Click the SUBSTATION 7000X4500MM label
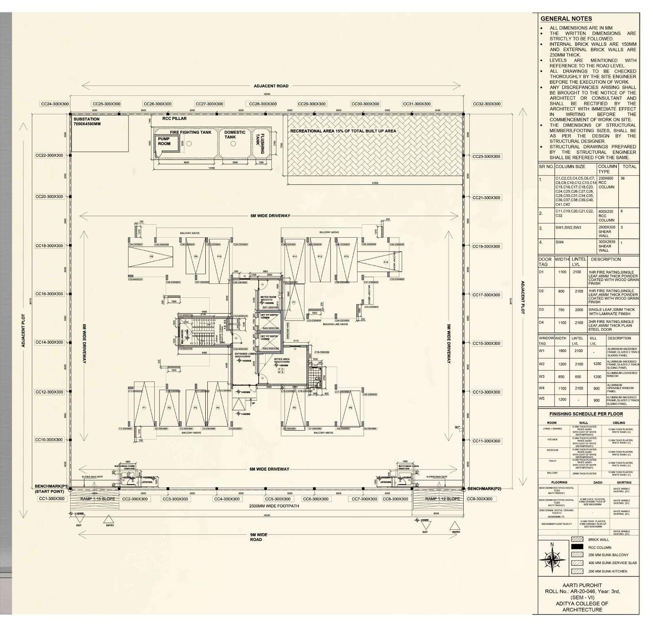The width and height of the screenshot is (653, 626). [87, 122]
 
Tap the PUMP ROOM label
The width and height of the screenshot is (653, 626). [164, 141]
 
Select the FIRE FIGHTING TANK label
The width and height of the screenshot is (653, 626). [191, 132]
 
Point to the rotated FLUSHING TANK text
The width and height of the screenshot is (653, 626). [260, 143]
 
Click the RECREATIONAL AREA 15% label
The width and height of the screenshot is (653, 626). [343, 131]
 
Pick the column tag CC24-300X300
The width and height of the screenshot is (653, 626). [55, 104]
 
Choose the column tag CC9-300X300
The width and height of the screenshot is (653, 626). [480, 499]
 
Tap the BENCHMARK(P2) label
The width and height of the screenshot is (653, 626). [484, 489]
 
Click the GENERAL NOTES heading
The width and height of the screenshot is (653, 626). [566, 19]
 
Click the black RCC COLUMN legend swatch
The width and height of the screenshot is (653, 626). [577, 547]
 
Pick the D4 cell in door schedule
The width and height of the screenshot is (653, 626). [541, 323]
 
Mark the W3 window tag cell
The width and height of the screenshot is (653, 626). [542, 376]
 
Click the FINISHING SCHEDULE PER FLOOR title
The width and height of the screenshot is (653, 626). [586, 414]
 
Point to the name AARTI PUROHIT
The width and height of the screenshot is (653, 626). [582, 585]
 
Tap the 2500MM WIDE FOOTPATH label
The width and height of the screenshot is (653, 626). [274, 506]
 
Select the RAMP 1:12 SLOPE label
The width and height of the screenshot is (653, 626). [442, 499]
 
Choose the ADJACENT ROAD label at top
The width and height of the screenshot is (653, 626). [271, 86]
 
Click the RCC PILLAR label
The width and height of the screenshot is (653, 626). [174, 119]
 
